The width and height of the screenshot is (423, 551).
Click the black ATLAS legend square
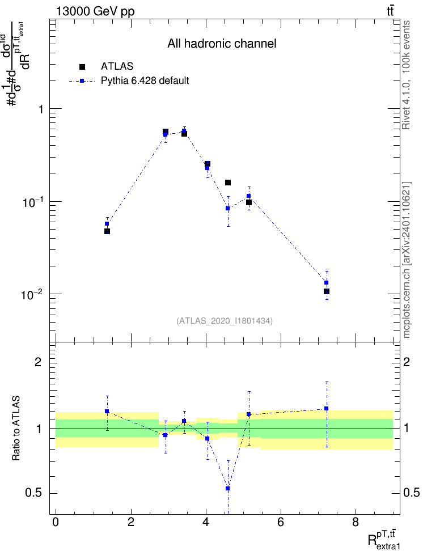82,66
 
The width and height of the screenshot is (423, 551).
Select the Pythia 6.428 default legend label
145,81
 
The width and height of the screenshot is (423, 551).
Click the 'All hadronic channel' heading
222,44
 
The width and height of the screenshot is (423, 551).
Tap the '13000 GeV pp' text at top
95,11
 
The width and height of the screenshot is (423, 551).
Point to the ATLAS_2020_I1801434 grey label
225,320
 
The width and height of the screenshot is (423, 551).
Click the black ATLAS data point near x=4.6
228,183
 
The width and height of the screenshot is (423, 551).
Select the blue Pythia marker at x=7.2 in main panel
326,282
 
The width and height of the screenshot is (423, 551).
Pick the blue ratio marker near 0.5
228,489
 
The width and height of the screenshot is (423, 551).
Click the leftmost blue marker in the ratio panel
107,411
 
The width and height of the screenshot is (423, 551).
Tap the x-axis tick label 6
280,522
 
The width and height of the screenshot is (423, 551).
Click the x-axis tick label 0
56,522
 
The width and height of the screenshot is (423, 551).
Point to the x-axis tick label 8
355,522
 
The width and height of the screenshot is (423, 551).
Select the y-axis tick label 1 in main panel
41,109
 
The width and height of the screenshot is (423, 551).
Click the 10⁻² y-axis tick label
32,294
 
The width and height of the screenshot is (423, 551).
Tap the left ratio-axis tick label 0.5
33,493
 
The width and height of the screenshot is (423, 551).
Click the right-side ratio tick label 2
407,362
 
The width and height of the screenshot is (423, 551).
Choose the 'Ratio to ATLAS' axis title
16,429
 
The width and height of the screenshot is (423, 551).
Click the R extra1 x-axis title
384,539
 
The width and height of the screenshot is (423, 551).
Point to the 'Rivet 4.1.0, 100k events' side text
406,75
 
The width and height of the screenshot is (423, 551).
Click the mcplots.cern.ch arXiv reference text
406,260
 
